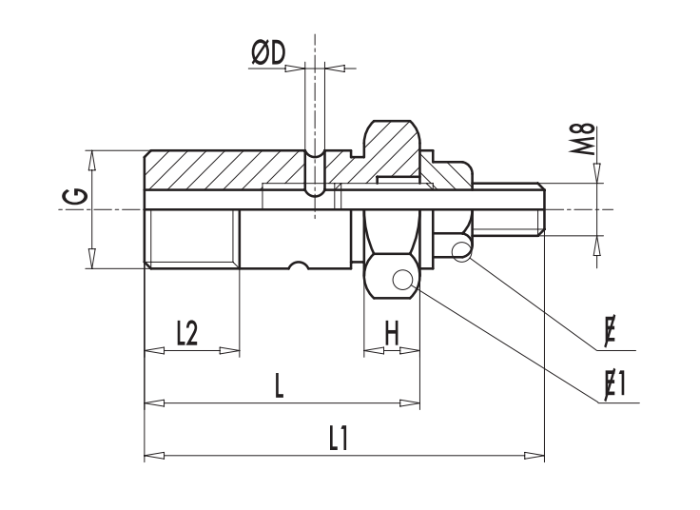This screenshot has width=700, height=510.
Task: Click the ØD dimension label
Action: coord(268,54)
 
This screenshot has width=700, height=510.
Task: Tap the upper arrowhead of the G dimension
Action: coord(92,158)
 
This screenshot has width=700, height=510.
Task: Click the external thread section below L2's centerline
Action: coord(191,239)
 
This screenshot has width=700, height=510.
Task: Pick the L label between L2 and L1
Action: coord(278,385)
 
